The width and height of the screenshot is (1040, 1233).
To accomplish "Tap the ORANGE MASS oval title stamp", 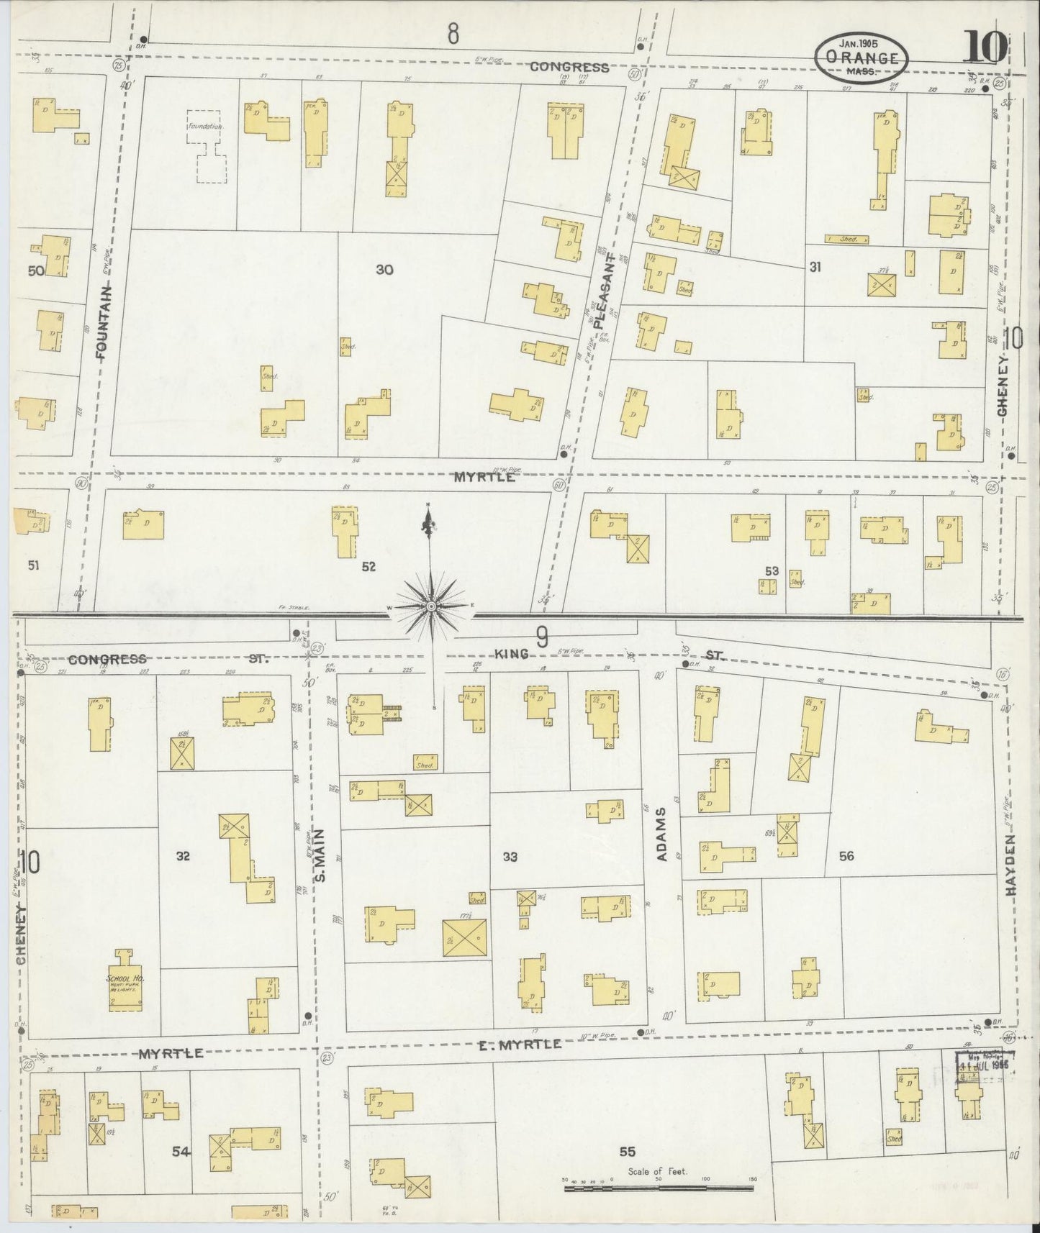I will [x=862, y=58].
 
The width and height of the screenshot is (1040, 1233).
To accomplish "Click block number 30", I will [x=384, y=270].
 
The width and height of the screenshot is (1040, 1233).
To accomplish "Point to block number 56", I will [x=846, y=855].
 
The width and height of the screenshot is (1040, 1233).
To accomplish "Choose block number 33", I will [x=510, y=856].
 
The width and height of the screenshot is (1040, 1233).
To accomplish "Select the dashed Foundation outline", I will [x=207, y=146].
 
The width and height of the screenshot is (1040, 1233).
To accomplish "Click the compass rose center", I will [x=430, y=607].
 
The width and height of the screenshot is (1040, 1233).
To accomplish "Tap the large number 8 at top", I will [x=453, y=34].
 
